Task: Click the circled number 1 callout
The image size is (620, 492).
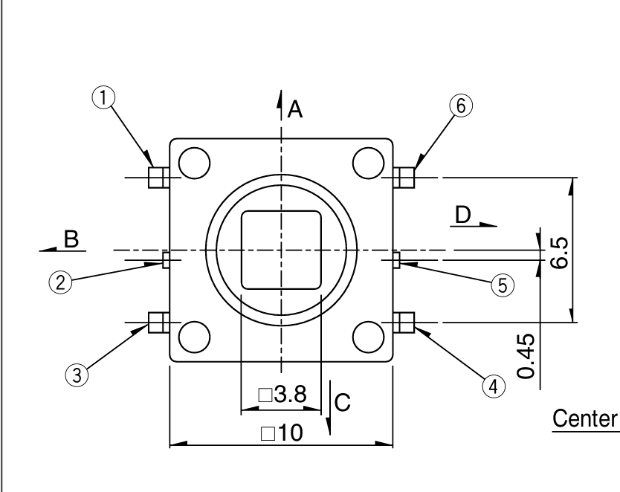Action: point(103,97)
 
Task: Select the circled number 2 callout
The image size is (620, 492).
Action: point(60,283)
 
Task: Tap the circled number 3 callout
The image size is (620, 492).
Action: point(77,375)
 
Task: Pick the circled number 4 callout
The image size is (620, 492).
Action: point(494,386)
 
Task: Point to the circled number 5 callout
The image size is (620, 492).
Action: point(503,285)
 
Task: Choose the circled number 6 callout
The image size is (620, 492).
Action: point(461,106)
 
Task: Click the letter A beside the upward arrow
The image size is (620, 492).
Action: point(295,109)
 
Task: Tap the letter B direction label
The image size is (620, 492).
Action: point(71,239)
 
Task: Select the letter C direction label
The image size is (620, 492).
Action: point(343,403)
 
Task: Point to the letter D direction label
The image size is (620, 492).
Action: point(463,215)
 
